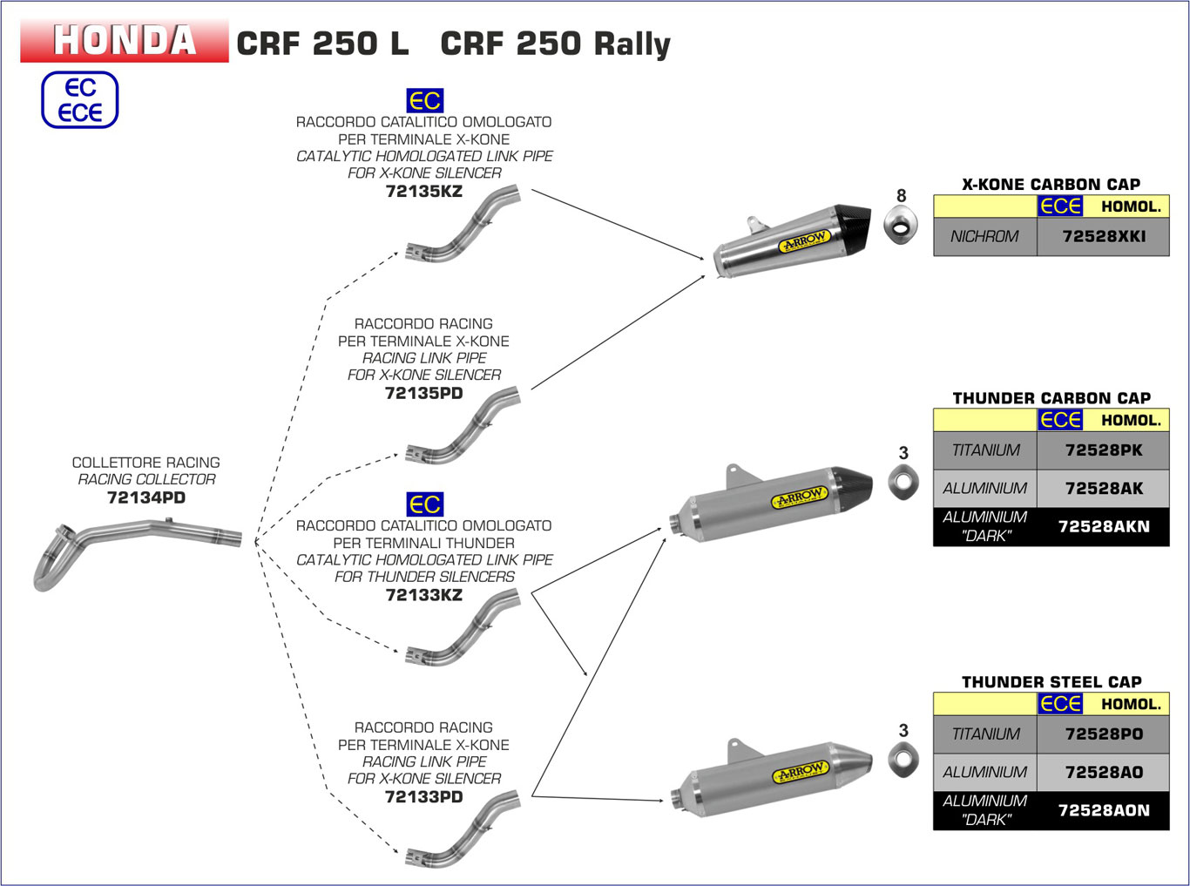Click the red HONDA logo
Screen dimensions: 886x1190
125,41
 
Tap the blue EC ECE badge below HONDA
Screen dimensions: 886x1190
79,100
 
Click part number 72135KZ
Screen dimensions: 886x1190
423,191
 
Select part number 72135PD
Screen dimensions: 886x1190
423,393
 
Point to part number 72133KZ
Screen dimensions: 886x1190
423,595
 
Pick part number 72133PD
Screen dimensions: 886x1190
423,796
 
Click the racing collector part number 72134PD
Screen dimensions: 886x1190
145,497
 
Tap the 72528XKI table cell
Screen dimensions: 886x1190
1103,236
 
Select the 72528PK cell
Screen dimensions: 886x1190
1103,450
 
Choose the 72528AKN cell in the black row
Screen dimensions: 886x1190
1103,526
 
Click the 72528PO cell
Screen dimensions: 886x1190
1103,734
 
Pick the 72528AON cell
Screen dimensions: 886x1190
1103,810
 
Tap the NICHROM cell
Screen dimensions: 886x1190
984,236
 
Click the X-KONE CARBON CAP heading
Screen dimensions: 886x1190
1051,184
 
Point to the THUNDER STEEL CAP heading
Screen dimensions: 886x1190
1051,682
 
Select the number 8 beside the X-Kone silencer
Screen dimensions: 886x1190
902,196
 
